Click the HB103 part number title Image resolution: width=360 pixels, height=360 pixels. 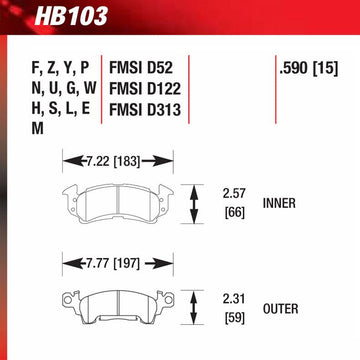coord(71,16)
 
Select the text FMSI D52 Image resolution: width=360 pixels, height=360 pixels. coord(141,69)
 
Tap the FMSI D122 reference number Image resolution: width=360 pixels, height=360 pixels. coord(145,89)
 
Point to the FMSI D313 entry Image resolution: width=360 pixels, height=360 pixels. coord(145,110)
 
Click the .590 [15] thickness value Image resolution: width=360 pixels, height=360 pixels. coord(309,69)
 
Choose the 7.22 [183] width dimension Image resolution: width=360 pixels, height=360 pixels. coord(113,162)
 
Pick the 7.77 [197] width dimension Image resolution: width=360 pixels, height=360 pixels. coord(113,264)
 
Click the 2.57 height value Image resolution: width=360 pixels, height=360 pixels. coord(234,194)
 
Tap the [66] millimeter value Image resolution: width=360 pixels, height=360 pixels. coord(235,212)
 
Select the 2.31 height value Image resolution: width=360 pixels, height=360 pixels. coord(234,299)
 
